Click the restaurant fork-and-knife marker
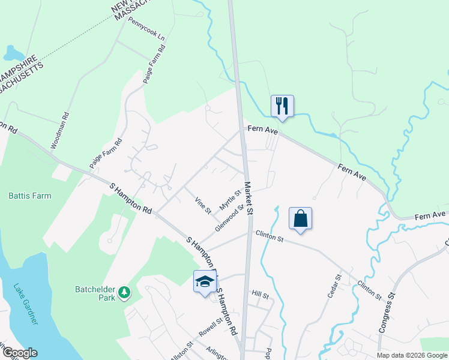[282, 106]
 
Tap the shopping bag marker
[300, 218]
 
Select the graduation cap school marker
[204, 281]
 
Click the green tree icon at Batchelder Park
[125, 292]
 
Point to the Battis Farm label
[30, 196]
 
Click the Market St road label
[249, 199]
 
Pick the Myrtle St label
[229, 200]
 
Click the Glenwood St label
[230, 218]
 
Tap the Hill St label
[260, 294]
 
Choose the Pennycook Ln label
[146, 32]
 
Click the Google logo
[19, 353]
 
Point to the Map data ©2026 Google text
[411, 355]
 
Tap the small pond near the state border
[12, 53]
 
